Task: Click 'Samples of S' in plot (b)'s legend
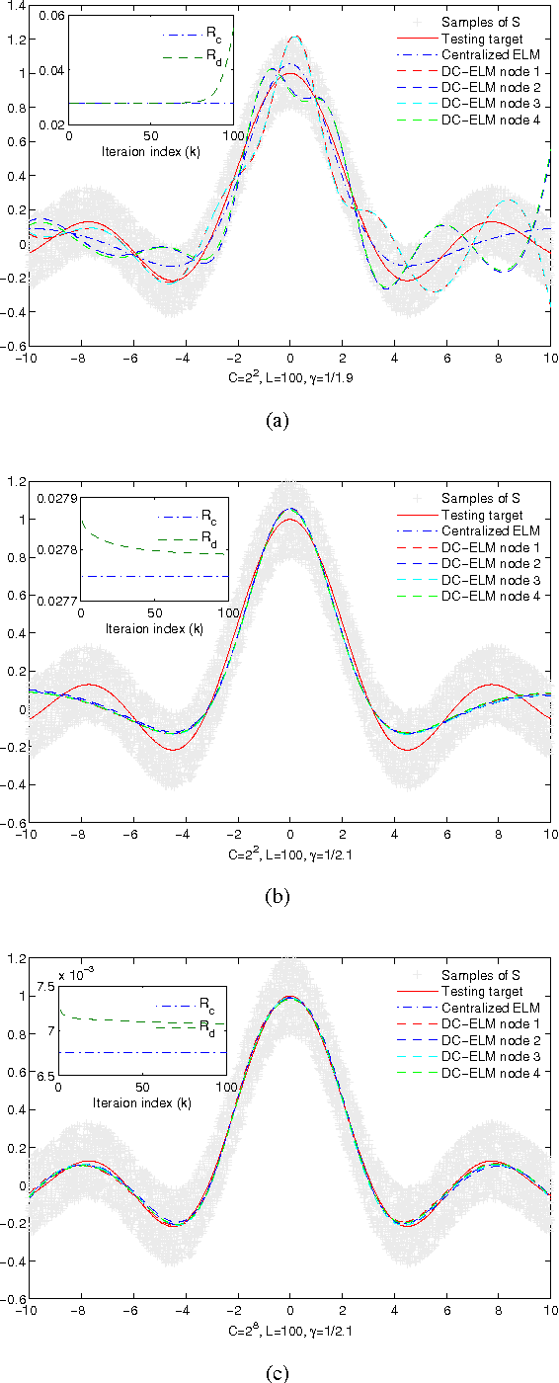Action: click(x=479, y=497)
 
